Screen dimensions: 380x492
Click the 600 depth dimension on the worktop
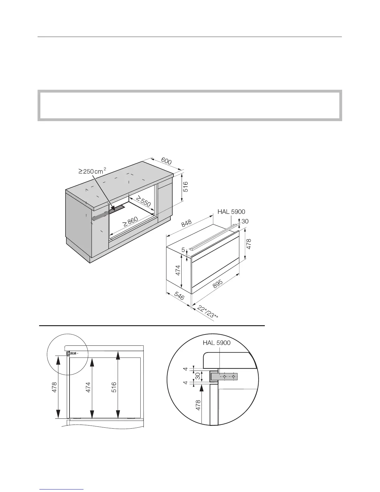tap(166, 162)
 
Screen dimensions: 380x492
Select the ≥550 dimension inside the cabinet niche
tap(143, 201)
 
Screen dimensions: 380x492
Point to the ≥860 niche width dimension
tap(130, 222)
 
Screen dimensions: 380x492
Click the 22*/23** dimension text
tap(208, 312)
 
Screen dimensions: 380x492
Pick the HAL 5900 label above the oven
tap(231, 212)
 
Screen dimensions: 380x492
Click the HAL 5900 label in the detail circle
tap(217, 343)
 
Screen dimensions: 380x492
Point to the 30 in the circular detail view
tap(197, 376)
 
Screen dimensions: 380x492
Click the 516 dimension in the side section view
tap(114, 387)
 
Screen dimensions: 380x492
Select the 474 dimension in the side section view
tap(88, 387)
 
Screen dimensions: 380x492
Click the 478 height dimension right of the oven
tap(249, 244)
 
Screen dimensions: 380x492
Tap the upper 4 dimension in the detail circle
tap(185, 369)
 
